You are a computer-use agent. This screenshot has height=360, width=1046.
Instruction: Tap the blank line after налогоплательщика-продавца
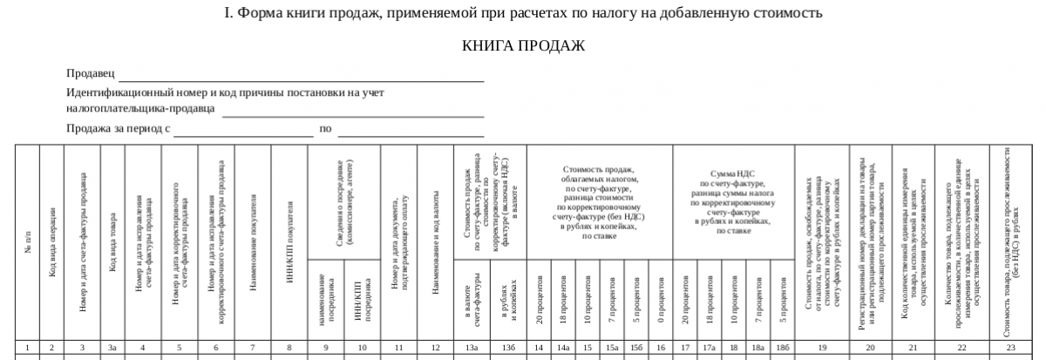pyautogui.click(x=352, y=113)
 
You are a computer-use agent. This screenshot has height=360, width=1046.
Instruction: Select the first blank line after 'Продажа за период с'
pyautogui.click(x=243, y=134)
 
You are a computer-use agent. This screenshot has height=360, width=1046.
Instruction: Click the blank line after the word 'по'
pyautogui.click(x=411, y=134)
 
